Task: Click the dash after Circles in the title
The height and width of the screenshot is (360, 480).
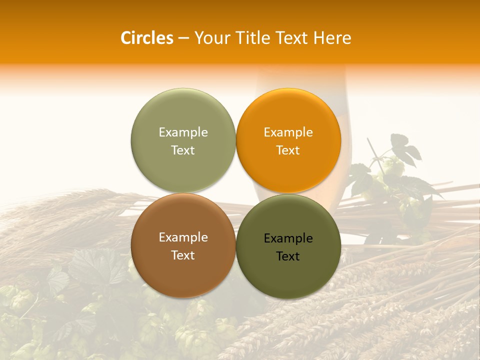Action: click(x=183, y=38)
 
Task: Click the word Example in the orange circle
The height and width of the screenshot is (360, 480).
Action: click(x=288, y=132)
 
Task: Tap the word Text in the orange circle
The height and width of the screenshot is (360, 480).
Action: click(x=288, y=150)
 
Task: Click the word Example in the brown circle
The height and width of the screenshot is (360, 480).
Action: click(x=183, y=237)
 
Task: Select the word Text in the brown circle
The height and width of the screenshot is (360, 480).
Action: click(x=183, y=255)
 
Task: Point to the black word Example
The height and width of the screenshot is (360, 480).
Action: click(x=288, y=238)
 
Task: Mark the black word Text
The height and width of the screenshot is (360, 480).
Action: click(x=288, y=256)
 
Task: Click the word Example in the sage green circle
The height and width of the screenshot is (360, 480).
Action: click(x=183, y=132)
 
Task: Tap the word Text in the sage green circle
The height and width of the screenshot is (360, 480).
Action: click(x=183, y=150)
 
